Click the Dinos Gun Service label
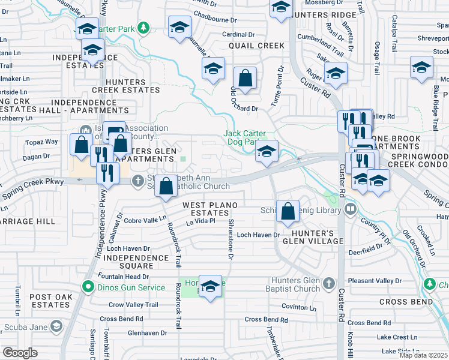(130, 287)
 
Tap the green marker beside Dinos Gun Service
(88, 287)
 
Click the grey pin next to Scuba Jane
(56, 326)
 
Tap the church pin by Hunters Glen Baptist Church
(328, 283)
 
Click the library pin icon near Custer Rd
(351, 209)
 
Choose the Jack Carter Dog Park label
(245, 138)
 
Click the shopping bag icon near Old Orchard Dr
(245, 78)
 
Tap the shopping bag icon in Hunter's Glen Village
(288, 211)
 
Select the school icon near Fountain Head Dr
(210, 287)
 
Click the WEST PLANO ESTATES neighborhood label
(210, 209)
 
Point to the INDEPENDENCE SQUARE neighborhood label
(136, 262)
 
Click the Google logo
(20, 353)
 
